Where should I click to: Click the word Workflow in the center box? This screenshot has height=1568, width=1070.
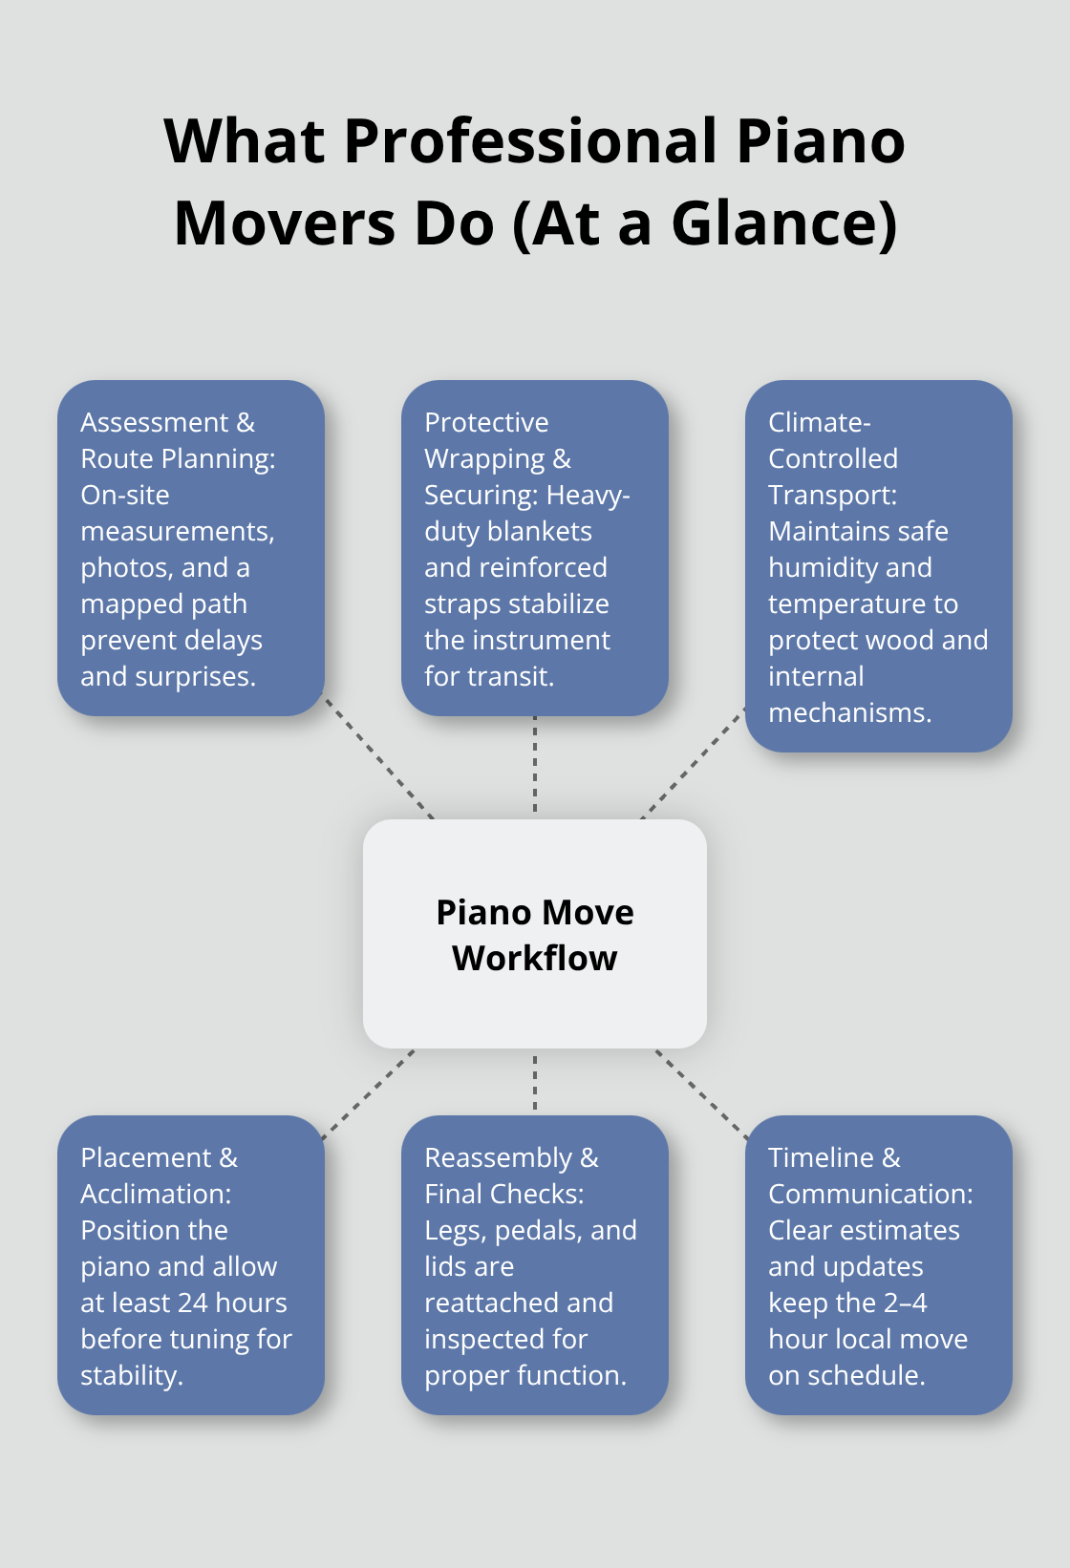point(535,958)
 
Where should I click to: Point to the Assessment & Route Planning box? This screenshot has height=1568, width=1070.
point(191,548)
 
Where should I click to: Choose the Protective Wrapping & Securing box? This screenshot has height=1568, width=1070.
point(535,548)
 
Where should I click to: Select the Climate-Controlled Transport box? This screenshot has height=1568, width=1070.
point(878,565)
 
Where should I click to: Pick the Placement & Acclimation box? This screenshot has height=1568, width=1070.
point(191,1264)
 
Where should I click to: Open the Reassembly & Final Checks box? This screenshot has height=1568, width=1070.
point(535,1264)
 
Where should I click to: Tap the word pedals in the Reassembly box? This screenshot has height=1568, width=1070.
point(537,1230)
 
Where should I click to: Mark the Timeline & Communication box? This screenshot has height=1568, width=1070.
point(878,1264)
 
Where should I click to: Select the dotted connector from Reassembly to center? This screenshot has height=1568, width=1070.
point(535,1082)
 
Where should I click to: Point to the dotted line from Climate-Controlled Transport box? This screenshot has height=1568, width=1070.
point(693,763)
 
